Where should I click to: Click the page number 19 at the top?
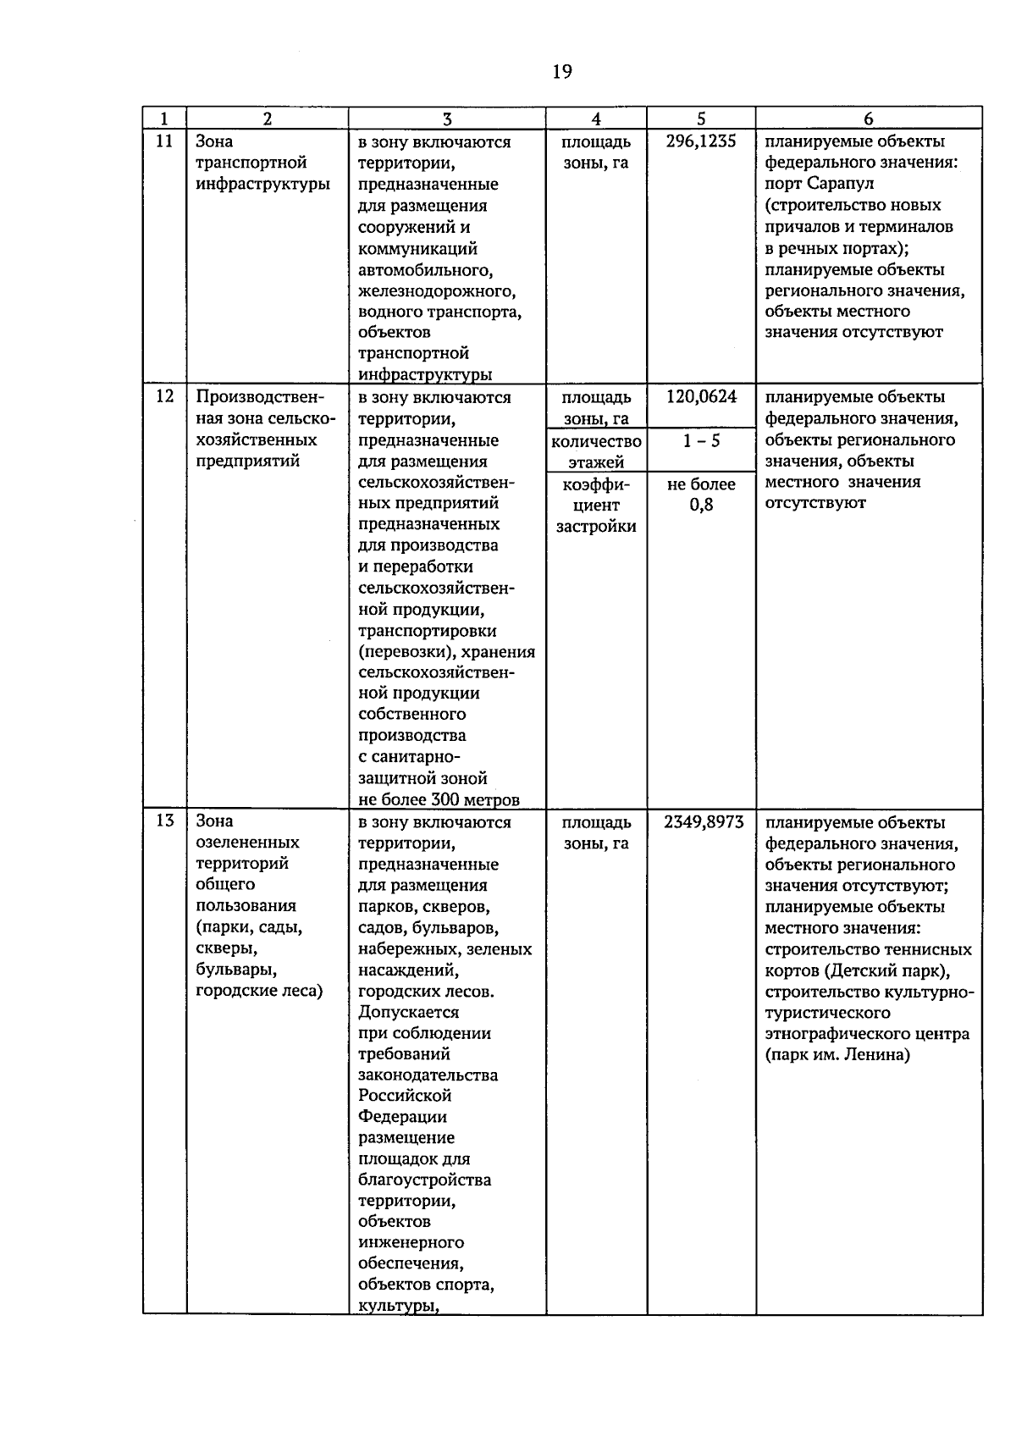pos(561,72)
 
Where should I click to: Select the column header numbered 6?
pos(869,119)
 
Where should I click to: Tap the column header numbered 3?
pos(447,119)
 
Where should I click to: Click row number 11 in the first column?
pos(164,141)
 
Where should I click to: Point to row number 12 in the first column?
pos(164,396)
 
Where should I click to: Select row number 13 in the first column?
pos(164,821)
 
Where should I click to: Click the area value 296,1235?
pos(701,141)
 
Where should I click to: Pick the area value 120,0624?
pos(701,396)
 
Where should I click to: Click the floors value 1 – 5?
pos(701,441)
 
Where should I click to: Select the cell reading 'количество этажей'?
pos(596,451)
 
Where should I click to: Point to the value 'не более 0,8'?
pos(701,495)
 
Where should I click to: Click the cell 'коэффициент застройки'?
pos(596,505)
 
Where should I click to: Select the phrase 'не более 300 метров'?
pos(439,799)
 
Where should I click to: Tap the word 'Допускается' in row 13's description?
pos(408,1012)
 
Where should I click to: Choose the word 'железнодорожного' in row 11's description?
pos(435,290)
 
